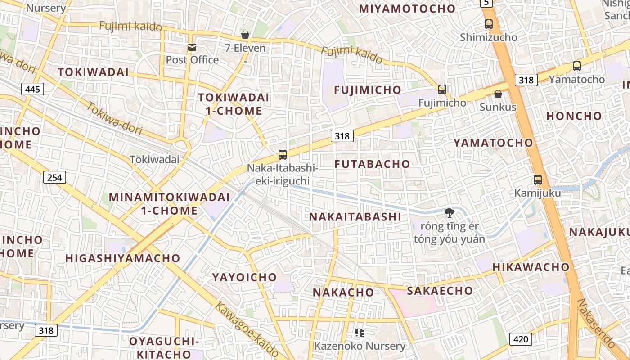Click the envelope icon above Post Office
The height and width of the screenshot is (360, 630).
(192, 47)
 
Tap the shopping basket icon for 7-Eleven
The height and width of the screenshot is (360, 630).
(245, 35)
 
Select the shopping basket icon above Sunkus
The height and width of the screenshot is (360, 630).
(498, 94)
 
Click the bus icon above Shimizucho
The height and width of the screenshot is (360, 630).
(489, 24)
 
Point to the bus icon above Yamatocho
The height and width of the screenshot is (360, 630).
(577, 66)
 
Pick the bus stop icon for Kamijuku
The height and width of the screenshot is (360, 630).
(538, 180)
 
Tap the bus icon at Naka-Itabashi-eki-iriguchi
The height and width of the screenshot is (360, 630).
(283, 155)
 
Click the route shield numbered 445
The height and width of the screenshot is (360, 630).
(33, 89)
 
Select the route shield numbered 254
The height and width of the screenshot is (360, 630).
(55, 177)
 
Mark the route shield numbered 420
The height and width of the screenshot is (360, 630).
(521, 339)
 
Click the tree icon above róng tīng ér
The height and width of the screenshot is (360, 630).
(449, 212)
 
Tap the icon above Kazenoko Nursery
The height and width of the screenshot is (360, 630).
(360, 333)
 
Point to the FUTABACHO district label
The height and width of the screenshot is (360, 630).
(372, 164)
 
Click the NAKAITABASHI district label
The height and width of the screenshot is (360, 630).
(355, 217)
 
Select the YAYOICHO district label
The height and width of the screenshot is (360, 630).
(244, 277)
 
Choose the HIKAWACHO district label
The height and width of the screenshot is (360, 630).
(531, 267)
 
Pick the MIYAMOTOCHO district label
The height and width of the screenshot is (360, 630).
(407, 9)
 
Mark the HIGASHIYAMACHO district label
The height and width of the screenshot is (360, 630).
(123, 258)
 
